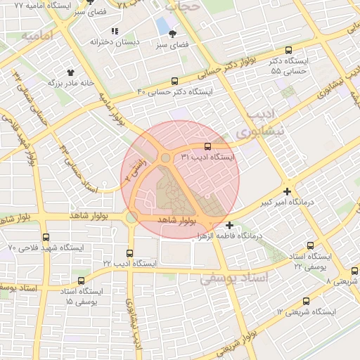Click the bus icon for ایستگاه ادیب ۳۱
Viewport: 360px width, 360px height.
coord(207,147)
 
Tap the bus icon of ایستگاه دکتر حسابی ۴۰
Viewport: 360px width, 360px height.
coord(174,82)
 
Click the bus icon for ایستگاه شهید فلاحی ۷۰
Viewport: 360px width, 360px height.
coord(46,237)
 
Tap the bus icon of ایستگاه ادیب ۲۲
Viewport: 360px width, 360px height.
coord(129,253)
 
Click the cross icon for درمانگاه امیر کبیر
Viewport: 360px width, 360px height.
coord(287,191)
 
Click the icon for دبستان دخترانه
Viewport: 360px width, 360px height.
coord(115,31)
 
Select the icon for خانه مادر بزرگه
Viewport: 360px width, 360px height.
coord(70,72)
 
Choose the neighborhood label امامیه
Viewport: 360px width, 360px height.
coord(38,35)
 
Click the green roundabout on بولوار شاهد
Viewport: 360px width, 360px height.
coord(131,217)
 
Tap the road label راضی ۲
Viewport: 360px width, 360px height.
coord(134,171)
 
